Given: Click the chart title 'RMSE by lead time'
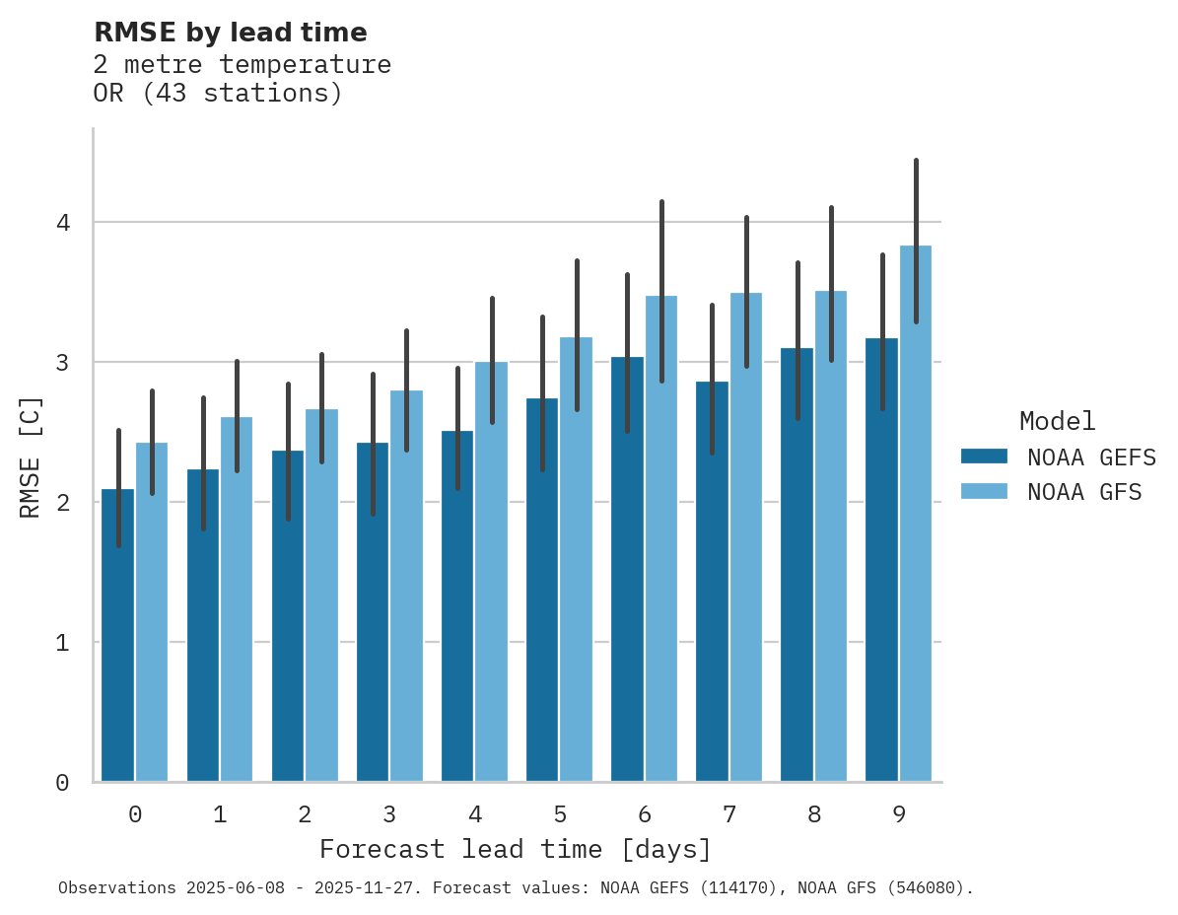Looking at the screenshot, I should coord(230,33).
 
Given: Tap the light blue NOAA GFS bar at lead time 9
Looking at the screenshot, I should coord(916,513).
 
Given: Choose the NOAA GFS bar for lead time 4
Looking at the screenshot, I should coord(491,572).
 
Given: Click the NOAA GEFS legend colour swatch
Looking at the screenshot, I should coord(984,457).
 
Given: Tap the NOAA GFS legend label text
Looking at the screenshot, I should coord(1084,492).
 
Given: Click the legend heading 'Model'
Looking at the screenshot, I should coord(1057,421).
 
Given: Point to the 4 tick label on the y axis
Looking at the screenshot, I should coord(62,223).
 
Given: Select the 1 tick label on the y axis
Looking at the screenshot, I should coord(62,643).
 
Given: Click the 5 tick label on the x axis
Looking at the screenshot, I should coord(559,814).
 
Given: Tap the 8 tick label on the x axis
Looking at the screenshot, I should coord(813,814).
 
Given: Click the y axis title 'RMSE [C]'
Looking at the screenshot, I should coord(31,457).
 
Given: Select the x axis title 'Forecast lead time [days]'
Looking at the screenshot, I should coord(515,849).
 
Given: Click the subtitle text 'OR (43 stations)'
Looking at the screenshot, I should coord(218,94).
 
